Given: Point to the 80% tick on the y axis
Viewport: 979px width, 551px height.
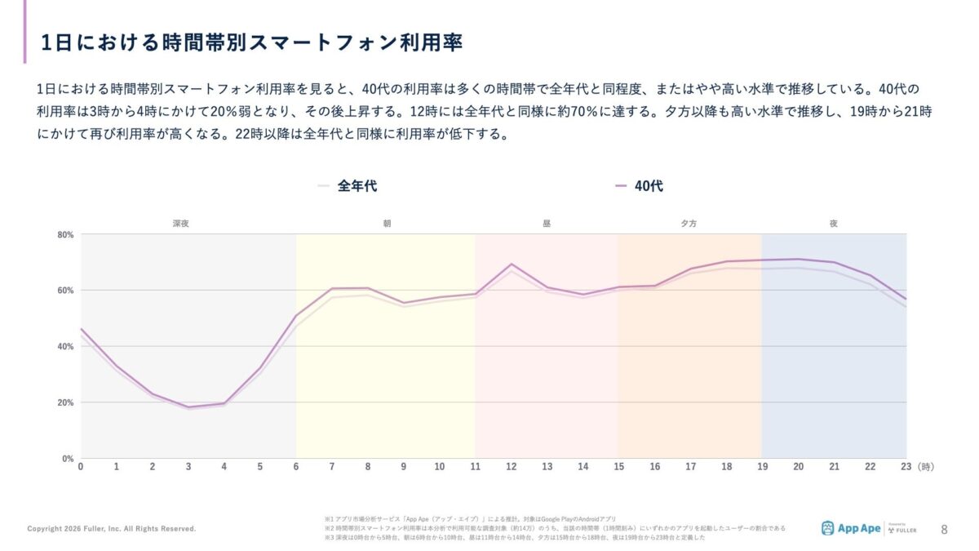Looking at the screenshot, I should tap(65, 235).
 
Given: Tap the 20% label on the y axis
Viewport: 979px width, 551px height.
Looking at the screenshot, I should tap(65, 402).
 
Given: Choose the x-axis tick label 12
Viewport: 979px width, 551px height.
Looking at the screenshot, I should tap(512, 467).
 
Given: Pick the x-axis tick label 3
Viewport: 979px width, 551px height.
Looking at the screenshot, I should tap(188, 467).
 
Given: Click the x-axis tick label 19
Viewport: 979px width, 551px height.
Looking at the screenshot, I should tap(762, 467).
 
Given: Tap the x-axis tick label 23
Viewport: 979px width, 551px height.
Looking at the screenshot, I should tap(906, 467).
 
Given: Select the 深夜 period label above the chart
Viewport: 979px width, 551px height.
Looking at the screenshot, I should tap(180, 223).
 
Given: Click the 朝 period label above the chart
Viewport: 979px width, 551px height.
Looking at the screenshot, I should tap(387, 223).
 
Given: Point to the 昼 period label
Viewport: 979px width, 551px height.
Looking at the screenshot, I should tap(547, 223).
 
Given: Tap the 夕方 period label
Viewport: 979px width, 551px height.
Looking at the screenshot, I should tap(689, 223).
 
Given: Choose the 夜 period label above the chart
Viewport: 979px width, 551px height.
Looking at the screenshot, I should tap(833, 223).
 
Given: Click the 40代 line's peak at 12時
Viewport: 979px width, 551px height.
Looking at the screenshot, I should tap(512, 264).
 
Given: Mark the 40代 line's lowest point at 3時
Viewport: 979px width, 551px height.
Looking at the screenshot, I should tap(188, 407).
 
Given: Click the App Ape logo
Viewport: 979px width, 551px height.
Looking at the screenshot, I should tap(851, 528).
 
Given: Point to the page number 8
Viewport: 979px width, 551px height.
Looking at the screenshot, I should tap(945, 528).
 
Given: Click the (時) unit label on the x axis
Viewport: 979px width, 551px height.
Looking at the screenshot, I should tap(925, 467).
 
